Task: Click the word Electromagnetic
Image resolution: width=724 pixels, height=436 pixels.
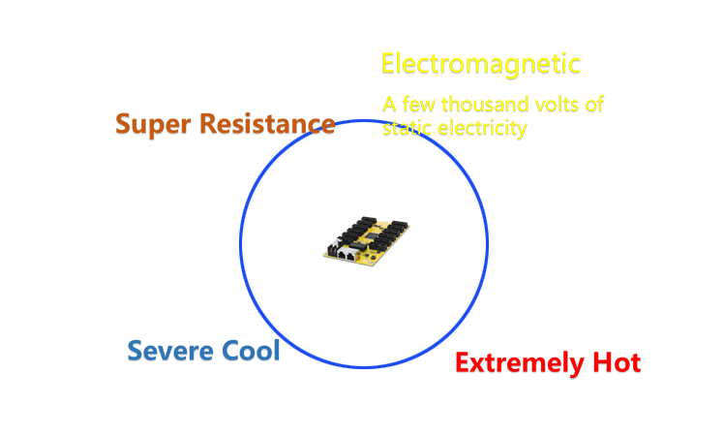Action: click(x=481, y=65)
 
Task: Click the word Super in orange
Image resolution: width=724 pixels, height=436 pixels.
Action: click(x=153, y=125)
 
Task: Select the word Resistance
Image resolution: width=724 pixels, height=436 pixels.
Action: click(x=267, y=124)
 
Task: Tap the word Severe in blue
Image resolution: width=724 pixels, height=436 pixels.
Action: click(x=170, y=351)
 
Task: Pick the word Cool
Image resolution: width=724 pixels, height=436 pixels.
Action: click(x=251, y=351)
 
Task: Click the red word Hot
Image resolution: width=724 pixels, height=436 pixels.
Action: click(x=617, y=362)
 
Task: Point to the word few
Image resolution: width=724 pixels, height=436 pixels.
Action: click(x=418, y=105)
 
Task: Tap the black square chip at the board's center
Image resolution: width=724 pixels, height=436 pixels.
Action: click(x=372, y=234)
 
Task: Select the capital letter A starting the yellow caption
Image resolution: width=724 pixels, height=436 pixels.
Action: click(x=389, y=105)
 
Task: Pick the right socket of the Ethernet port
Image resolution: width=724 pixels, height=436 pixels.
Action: click(x=352, y=255)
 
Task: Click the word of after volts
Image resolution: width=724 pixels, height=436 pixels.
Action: click(x=594, y=105)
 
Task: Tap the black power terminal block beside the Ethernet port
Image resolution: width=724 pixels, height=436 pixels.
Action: click(x=332, y=250)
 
